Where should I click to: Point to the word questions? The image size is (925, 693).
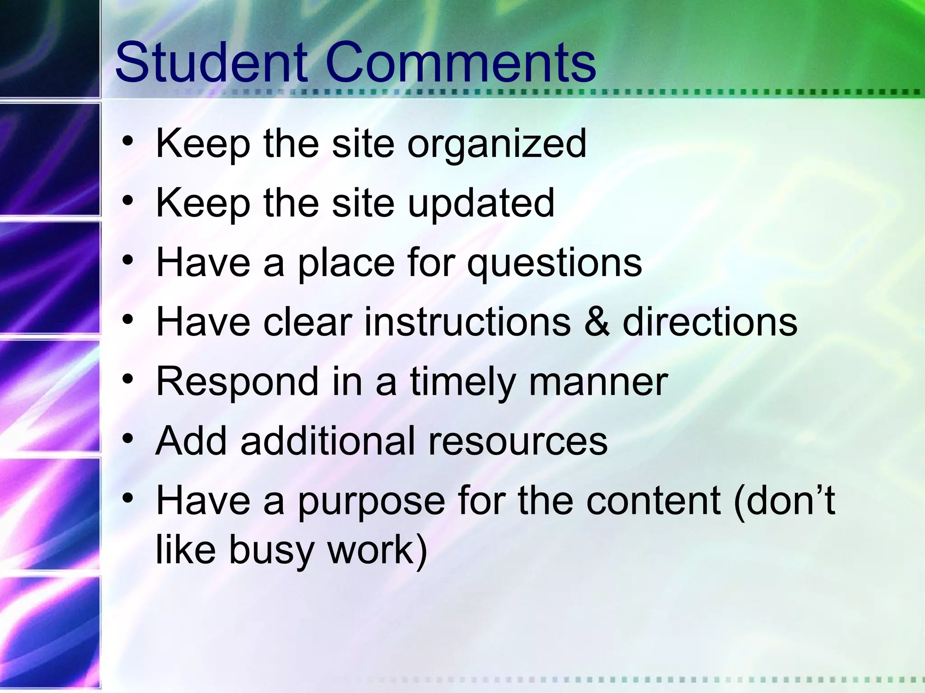(554, 263)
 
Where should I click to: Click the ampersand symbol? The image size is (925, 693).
(597, 322)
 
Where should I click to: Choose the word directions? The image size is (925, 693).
(710, 322)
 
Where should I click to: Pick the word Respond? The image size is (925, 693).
(237, 383)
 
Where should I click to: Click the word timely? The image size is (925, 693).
(462, 383)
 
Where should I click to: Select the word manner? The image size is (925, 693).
(598, 383)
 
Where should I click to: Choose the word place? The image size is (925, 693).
(346, 263)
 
